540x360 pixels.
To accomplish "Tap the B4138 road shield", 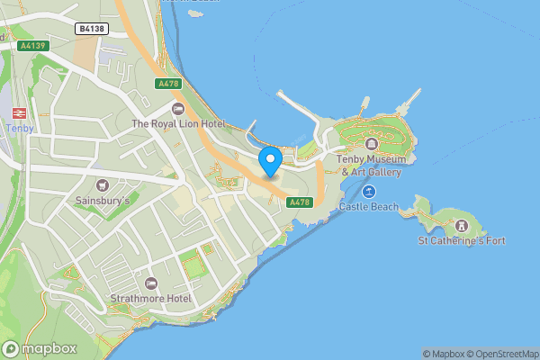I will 92,29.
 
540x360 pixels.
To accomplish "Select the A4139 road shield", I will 31,44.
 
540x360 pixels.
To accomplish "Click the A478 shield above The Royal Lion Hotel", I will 168,84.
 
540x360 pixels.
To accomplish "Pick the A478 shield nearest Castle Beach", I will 299,202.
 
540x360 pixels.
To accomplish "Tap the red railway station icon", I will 18,113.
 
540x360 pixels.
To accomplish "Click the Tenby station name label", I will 19,128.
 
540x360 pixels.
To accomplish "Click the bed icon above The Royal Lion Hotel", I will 177,109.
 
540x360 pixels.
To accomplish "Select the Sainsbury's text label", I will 102,201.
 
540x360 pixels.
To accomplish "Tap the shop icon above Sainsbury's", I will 102,184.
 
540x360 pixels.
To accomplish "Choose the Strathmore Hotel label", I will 150,298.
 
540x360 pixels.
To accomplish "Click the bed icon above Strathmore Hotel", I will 150,283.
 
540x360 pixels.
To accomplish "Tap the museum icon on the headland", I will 370,143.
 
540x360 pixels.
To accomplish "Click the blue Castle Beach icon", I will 369,192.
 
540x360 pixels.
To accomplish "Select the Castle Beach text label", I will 368,207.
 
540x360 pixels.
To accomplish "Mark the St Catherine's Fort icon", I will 462,225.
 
